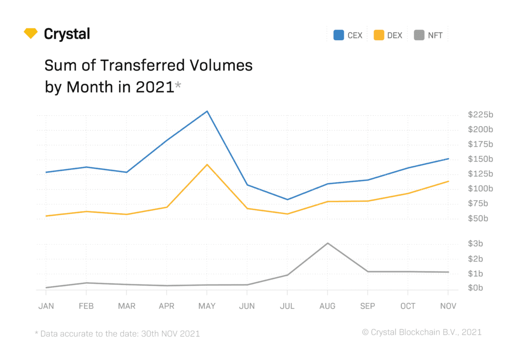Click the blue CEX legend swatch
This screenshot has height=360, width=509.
(339, 35)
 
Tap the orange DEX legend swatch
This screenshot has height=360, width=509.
(379, 35)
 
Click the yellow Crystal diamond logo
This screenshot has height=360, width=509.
(31, 33)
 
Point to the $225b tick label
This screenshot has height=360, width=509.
(480, 115)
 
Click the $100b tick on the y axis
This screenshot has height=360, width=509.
(480, 189)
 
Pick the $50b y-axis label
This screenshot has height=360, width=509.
(478, 219)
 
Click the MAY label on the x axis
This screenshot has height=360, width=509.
(207, 306)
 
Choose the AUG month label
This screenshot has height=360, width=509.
(327, 306)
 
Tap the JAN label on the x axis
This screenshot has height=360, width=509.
(46, 306)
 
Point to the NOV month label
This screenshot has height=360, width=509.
(448, 306)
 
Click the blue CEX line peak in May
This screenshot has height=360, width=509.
(207, 111)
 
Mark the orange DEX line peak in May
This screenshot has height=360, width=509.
(207, 165)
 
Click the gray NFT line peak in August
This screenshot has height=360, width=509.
(327, 243)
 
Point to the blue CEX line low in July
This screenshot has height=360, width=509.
(287, 199)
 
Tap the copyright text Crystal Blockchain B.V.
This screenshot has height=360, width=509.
(422, 332)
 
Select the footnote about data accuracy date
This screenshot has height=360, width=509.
(117, 334)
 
